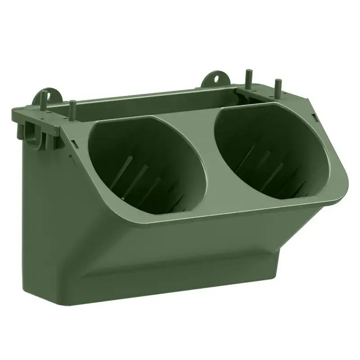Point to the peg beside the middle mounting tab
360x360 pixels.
(x=247, y=77)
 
